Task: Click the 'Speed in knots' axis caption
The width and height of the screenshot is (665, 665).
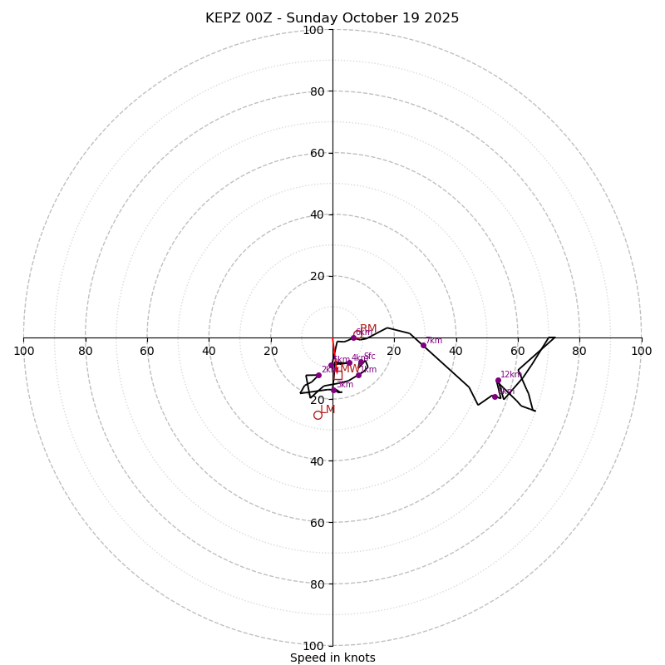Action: click(332, 658)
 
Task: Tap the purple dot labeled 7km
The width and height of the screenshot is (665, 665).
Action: click(423, 345)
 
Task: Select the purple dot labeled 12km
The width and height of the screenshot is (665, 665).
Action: click(498, 381)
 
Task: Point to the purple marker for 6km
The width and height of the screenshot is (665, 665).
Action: click(353, 337)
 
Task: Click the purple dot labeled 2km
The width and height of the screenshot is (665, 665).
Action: click(318, 375)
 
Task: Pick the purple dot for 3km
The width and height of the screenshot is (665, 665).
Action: click(334, 390)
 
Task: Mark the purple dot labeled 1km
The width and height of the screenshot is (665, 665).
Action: click(358, 375)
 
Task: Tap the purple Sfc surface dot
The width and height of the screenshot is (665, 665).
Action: click(361, 362)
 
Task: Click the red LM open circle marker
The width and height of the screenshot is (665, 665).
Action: click(318, 415)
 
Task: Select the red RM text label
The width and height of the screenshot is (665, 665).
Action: click(368, 329)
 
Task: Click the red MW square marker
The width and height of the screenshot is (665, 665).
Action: click(337, 376)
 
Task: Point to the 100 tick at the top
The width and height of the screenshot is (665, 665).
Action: click(313, 30)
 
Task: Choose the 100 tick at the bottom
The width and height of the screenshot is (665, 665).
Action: click(313, 646)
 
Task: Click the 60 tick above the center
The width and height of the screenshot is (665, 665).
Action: click(317, 153)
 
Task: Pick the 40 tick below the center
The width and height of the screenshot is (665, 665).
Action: click(317, 461)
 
